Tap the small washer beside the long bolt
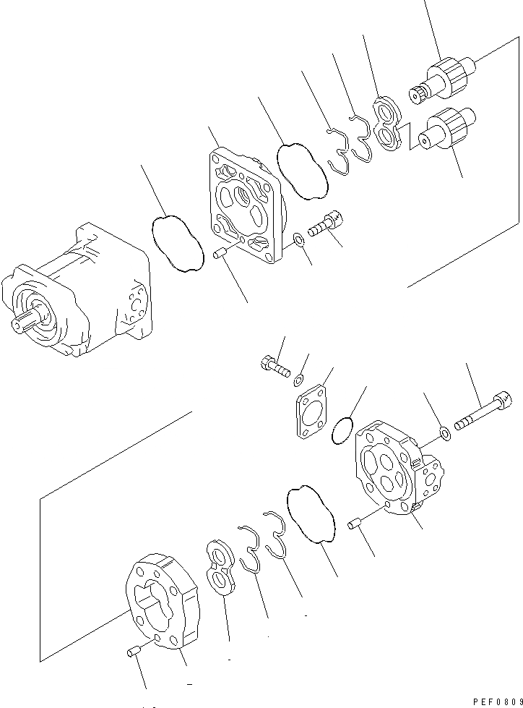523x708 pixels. pyautogui.click(x=445, y=433)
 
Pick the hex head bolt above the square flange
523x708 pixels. pyautogui.click(x=274, y=366)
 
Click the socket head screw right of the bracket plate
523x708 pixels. pyautogui.click(x=327, y=223)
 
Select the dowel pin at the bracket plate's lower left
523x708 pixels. pyautogui.click(x=221, y=252)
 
